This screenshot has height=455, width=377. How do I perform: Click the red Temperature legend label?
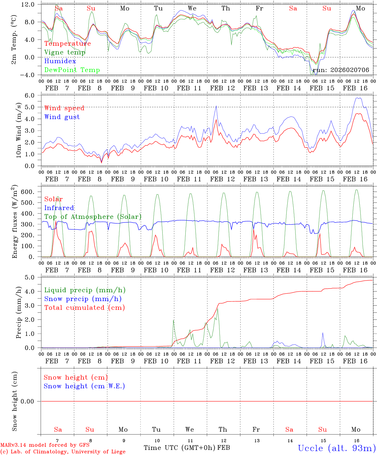[68, 44]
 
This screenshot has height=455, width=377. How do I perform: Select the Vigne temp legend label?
[65, 52]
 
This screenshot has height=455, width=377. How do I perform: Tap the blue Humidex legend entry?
[60, 61]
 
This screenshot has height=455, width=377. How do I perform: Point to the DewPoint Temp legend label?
[72, 70]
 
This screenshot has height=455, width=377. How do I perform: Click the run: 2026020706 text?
[341, 70]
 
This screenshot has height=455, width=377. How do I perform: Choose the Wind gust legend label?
[62, 117]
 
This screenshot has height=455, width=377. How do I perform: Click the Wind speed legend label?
[64, 108]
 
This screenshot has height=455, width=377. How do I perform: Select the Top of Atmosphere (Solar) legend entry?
[93, 217]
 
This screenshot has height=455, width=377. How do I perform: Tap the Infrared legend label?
[59, 208]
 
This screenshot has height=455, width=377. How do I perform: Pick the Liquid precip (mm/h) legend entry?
[85, 290]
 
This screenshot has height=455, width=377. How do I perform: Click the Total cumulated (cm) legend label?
[85, 308]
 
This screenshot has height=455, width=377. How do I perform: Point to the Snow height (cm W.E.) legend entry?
[84, 386]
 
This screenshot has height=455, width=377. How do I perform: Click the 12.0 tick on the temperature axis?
[28, 4]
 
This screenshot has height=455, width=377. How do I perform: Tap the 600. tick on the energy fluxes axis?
[28, 192]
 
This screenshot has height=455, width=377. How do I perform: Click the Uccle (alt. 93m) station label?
[337, 448]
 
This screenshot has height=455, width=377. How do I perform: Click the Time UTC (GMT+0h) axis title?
[180, 448]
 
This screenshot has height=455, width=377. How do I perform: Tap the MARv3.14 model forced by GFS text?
[45, 445]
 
